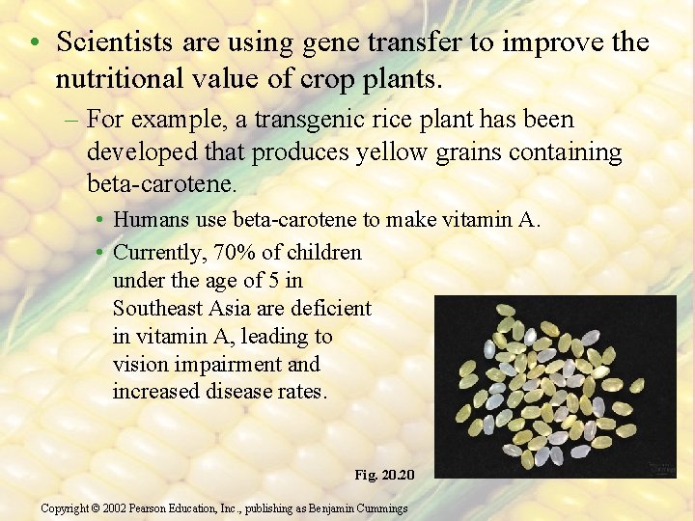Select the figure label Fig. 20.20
click(x=384, y=475)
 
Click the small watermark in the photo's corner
click(x=660, y=468)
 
